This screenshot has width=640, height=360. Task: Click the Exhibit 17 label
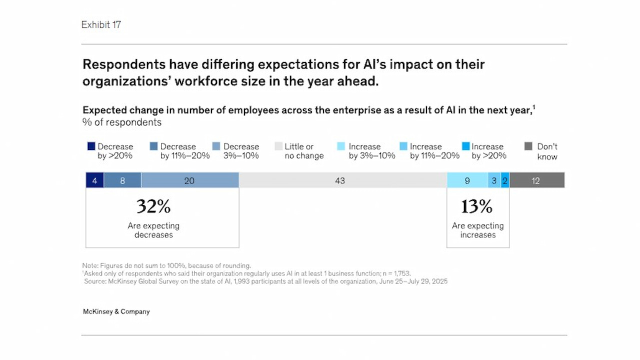[x=101, y=24]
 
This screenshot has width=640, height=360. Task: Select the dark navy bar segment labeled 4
[x=95, y=180]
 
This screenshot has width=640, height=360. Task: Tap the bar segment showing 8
[x=122, y=180]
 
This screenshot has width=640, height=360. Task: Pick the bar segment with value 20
[x=190, y=180]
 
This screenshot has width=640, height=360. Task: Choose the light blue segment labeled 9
[x=467, y=180]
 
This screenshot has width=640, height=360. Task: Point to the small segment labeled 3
[x=494, y=180]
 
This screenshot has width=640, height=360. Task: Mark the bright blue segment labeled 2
[x=505, y=180]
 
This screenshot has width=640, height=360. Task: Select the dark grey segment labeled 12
[x=536, y=180]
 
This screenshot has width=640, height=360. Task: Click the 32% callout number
[x=153, y=206]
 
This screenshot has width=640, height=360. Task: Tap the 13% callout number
[x=477, y=206]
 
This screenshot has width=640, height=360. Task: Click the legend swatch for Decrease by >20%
[x=91, y=146]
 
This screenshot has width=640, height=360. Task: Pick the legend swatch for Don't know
[x=528, y=146]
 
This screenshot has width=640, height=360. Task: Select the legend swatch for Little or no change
[x=278, y=146]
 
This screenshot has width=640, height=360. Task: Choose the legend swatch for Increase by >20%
[x=465, y=146]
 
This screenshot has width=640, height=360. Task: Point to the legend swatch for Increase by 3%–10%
[x=341, y=146]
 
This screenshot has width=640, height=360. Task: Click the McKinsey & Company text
[x=116, y=311]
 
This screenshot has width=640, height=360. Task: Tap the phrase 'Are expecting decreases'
[x=153, y=230]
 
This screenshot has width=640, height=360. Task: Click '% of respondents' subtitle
[x=122, y=122]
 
